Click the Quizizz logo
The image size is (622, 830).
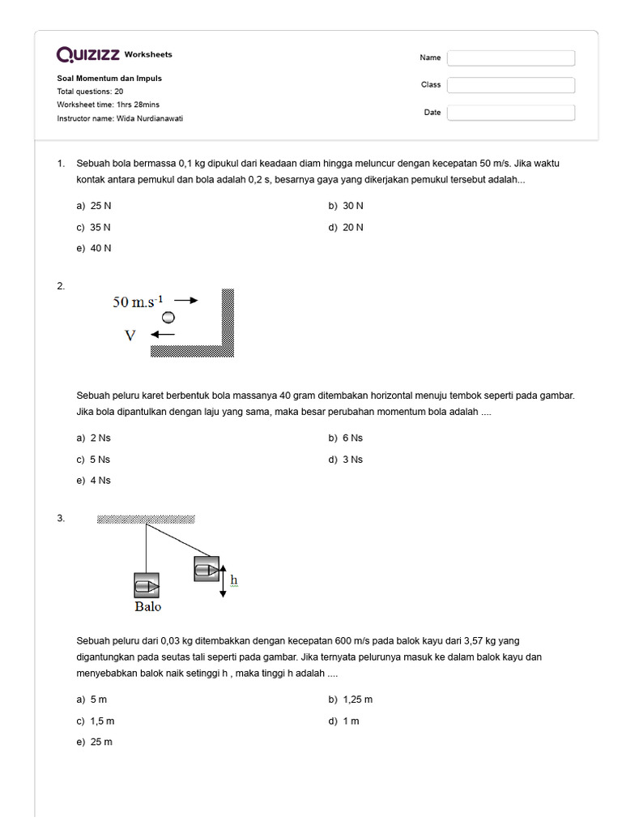(x=87, y=54)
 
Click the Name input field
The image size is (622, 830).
(x=511, y=58)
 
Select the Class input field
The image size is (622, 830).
(x=511, y=85)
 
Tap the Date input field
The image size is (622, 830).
(x=511, y=113)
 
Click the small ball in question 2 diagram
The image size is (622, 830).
(x=168, y=317)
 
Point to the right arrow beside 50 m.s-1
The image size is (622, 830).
(x=185, y=300)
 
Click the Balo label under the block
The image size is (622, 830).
(x=147, y=606)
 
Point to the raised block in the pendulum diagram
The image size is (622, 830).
(x=207, y=568)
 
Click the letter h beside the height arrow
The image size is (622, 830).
(x=234, y=580)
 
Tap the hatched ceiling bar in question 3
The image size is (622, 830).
(x=146, y=520)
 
